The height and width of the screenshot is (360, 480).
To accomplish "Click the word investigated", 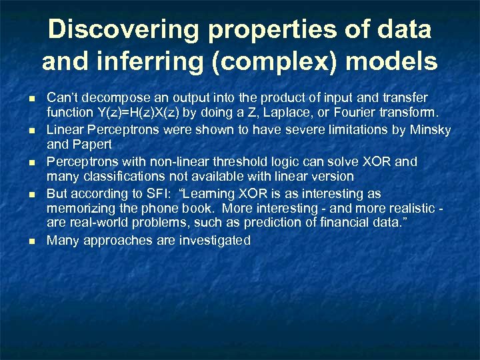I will click(214, 241).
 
